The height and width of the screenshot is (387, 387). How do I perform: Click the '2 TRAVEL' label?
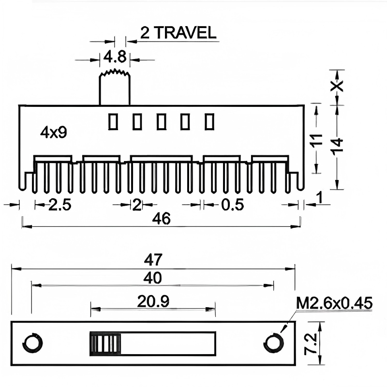pyautogui.click(x=178, y=32)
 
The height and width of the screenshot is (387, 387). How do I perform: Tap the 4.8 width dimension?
pyautogui.click(x=115, y=58)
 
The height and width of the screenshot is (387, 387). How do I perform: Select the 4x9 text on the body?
pyautogui.click(x=53, y=133)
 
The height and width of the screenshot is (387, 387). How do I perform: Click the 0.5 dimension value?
pyautogui.click(x=232, y=205)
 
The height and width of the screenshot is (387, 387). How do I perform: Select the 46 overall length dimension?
pyautogui.click(x=161, y=219)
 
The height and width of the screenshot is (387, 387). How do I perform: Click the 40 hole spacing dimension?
pyautogui.click(x=153, y=278)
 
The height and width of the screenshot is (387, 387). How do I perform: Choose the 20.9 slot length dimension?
pyautogui.click(x=153, y=302)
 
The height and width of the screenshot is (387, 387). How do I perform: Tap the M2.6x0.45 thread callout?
pyautogui.click(x=334, y=303)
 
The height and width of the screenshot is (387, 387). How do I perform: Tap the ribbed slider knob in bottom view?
pyautogui.click(x=104, y=344)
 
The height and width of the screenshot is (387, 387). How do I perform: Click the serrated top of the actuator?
pyautogui.click(x=115, y=73)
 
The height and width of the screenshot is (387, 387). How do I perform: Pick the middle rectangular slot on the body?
pyautogui.click(x=161, y=121)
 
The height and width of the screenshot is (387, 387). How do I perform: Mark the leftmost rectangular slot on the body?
pyautogui.click(x=113, y=121)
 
